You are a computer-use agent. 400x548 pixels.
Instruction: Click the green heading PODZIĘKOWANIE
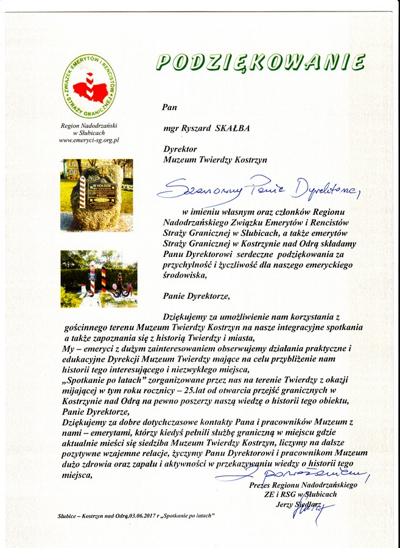[x=260, y=62]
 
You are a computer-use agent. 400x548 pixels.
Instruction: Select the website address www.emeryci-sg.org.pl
[x=89, y=140]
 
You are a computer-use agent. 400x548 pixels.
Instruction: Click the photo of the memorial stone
[x=96, y=194]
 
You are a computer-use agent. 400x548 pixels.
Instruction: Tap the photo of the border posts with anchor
[x=98, y=278]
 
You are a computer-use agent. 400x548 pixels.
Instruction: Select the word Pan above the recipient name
[x=169, y=107]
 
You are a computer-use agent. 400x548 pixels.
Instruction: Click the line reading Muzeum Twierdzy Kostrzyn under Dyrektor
[x=216, y=160]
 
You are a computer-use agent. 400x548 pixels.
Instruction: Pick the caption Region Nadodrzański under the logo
[x=89, y=125]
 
